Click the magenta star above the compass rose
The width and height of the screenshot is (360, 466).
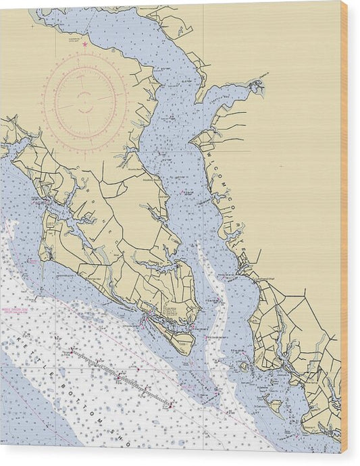(85, 45)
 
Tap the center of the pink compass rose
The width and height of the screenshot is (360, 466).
(85, 102)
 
